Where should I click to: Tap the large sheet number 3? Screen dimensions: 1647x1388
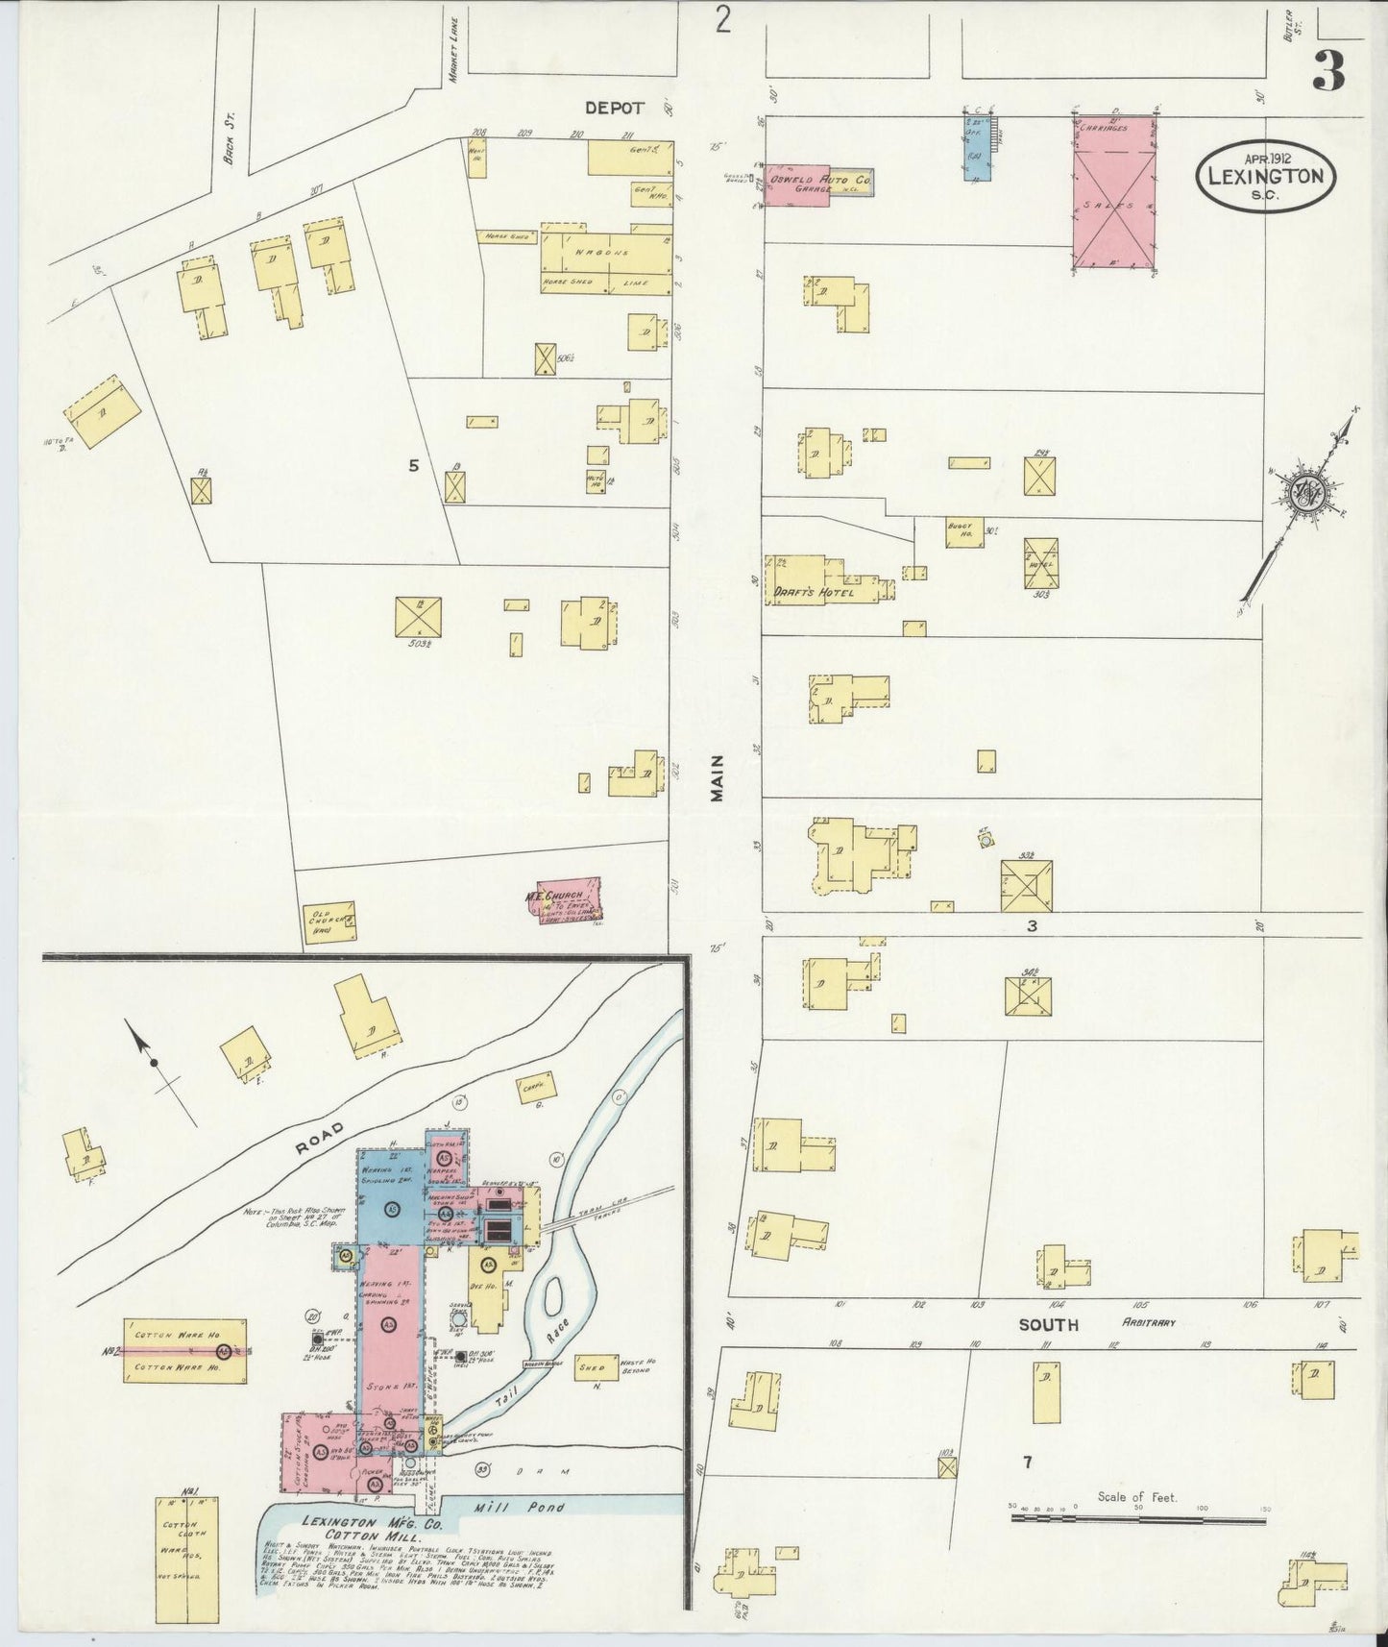point(1327,70)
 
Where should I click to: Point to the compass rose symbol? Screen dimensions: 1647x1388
point(1307,492)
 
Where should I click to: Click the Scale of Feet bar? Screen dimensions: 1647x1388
point(1137,1519)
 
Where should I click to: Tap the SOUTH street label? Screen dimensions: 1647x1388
point(1048,1324)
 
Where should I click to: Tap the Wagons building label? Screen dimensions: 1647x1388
point(602,253)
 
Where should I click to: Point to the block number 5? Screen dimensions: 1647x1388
point(414,466)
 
